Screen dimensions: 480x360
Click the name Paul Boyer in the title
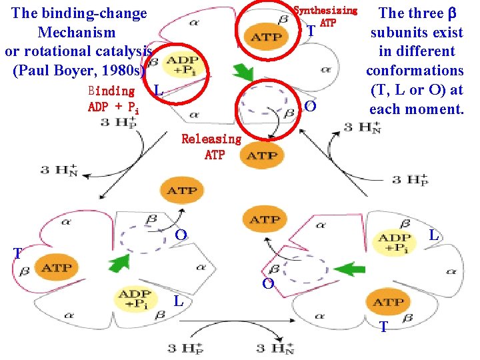tap(55, 70)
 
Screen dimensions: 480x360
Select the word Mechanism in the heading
tap(77, 32)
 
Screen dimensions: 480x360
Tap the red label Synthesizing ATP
tap(326, 16)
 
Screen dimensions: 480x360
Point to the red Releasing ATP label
tap(211, 147)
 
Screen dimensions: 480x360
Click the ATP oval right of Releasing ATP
tap(262, 155)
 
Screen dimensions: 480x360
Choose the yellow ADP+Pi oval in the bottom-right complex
tap(393, 243)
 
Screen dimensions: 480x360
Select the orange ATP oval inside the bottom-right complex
tap(388, 302)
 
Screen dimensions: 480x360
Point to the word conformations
tap(415, 70)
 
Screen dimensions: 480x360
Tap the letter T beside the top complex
tap(311, 31)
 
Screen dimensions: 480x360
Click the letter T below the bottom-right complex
tap(383, 327)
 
